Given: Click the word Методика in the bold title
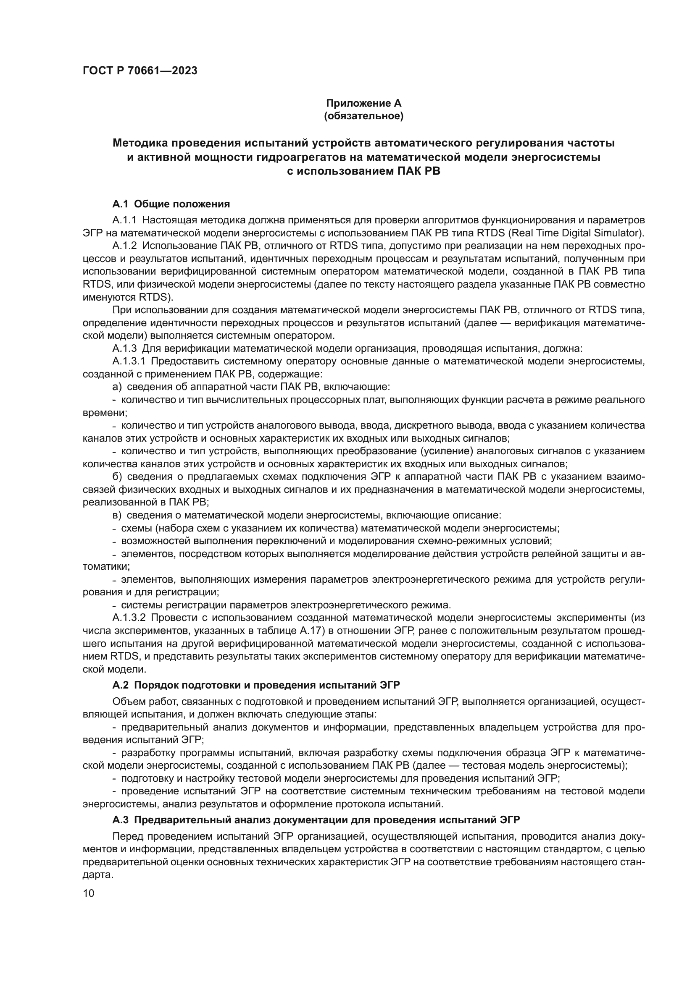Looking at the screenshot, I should click(x=140, y=143).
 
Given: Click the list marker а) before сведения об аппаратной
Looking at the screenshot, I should click(x=117, y=387).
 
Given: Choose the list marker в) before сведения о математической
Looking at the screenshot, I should click(x=117, y=515).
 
